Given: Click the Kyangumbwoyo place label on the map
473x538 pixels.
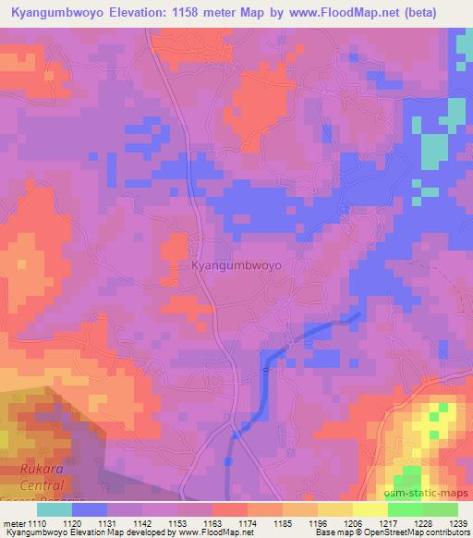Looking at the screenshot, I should pyautogui.click(x=236, y=265).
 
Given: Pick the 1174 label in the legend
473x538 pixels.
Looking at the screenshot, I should pyautogui.click(x=248, y=522).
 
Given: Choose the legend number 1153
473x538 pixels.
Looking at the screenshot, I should pyautogui.click(x=179, y=522).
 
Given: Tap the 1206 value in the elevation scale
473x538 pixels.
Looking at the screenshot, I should pyautogui.click(x=350, y=522).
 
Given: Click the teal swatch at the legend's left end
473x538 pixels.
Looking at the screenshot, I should pyautogui.click(x=54, y=509).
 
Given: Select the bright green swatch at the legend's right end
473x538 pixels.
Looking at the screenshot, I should pyautogui.click(x=439, y=509).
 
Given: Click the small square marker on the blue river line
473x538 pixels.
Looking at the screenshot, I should pyautogui.click(x=266, y=369).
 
